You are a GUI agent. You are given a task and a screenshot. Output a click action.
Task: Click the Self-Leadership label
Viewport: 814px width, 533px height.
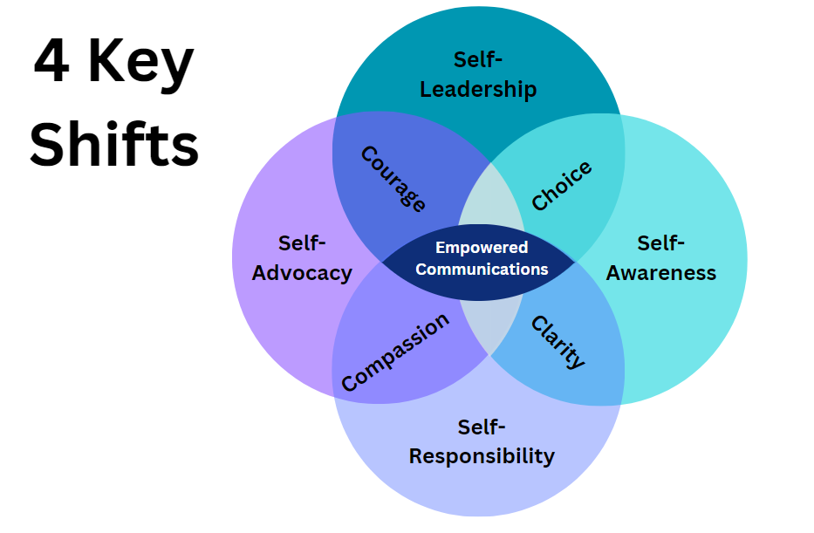478,74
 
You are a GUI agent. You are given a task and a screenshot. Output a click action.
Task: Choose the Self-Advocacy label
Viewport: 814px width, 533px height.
302,258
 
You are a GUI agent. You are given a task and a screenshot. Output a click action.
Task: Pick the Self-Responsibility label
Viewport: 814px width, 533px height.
482,441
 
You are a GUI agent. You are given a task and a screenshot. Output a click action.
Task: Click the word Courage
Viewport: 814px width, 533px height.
393,180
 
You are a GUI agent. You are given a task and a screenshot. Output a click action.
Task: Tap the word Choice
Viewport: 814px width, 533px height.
562,185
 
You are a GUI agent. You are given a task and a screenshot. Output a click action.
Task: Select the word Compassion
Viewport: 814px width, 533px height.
395,352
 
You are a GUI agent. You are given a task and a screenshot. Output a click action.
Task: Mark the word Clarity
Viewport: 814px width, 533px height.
558,342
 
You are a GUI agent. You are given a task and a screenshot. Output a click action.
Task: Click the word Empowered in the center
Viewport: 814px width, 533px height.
482,248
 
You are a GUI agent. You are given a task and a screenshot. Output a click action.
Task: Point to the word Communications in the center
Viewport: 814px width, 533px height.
482,269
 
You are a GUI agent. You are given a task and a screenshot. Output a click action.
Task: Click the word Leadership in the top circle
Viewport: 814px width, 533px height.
478,89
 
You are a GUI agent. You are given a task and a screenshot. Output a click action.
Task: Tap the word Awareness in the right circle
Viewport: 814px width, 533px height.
661,272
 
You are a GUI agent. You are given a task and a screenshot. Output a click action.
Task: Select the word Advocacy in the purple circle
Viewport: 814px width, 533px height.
302,272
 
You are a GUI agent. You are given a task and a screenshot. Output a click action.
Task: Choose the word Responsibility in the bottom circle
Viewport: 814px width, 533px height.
482,455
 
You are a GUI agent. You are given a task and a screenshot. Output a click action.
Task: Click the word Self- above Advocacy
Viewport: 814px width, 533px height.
302,243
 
